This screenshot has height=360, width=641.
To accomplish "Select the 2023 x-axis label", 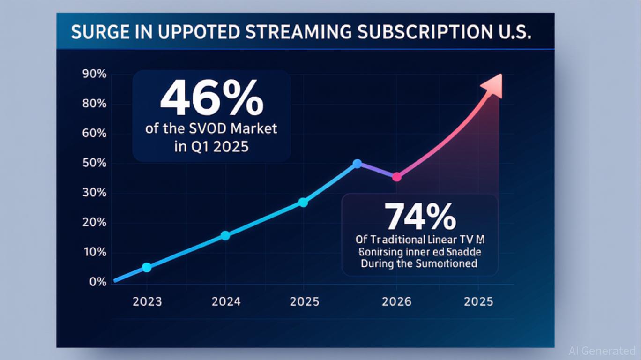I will tap(147, 301).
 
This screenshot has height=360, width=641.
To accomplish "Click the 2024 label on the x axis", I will tap(226, 301).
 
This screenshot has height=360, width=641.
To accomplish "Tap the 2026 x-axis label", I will tap(396, 301).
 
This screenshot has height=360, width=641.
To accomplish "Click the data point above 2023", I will tap(147, 267).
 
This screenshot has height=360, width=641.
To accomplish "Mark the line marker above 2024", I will tap(225, 235).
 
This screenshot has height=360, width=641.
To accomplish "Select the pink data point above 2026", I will tap(396, 177).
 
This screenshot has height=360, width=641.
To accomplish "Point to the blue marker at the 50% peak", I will tap(357, 164).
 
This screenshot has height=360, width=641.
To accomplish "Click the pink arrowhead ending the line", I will tap(494, 85).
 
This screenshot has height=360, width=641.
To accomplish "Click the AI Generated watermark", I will tap(602, 351).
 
